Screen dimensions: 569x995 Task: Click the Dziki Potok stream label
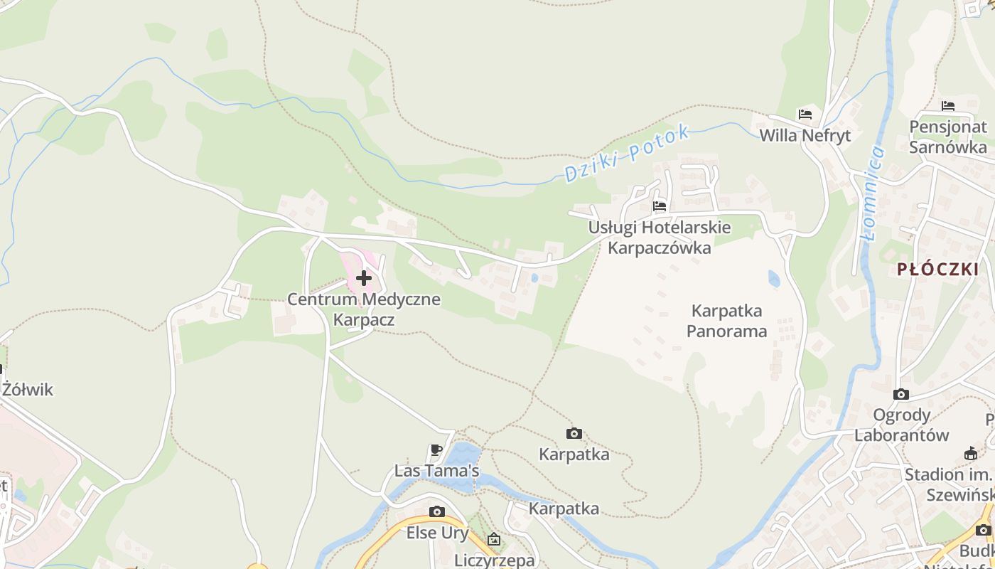pyautogui.click(x=626, y=154)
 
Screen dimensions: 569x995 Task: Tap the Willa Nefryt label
pyautogui.click(x=805, y=135)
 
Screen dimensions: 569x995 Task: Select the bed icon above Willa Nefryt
pyautogui.click(x=805, y=114)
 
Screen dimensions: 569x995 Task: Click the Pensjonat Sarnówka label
pyautogui.click(x=948, y=137)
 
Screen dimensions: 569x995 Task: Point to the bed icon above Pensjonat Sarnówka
pyautogui.click(x=947, y=106)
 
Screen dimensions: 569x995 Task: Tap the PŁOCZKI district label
pyautogui.click(x=937, y=270)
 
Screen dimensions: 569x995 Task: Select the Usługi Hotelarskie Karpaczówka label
pyautogui.click(x=659, y=238)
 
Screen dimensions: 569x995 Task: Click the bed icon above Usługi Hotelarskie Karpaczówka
pyautogui.click(x=660, y=207)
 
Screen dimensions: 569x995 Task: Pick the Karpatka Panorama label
pyautogui.click(x=726, y=321)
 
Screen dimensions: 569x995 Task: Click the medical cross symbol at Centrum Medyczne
pyautogui.click(x=364, y=277)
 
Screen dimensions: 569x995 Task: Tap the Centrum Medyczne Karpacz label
pyautogui.click(x=363, y=309)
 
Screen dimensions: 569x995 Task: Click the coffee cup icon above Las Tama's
pyautogui.click(x=437, y=450)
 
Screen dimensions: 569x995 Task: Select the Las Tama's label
pyautogui.click(x=436, y=471)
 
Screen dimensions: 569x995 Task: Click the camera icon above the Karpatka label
pyautogui.click(x=574, y=433)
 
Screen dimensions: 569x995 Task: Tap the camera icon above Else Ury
pyautogui.click(x=437, y=511)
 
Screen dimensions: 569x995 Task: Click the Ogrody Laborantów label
pyautogui.click(x=901, y=425)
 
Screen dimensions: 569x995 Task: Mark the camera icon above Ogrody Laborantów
pyautogui.click(x=900, y=394)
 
